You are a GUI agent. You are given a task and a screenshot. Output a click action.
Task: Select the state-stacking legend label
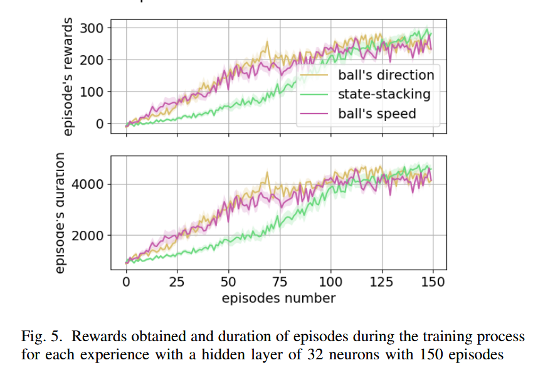(x=384, y=95)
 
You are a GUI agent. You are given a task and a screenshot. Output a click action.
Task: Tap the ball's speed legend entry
(x=377, y=114)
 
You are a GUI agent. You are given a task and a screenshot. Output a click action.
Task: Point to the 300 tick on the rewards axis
(x=93, y=28)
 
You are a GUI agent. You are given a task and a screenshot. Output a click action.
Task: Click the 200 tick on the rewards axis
(x=93, y=60)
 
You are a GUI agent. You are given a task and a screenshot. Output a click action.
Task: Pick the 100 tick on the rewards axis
(x=93, y=92)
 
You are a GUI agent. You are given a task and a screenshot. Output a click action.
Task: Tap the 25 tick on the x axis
(x=177, y=282)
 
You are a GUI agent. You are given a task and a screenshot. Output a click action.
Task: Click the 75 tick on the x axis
(x=280, y=282)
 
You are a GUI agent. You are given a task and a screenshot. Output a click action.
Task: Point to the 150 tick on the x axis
(x=433, y=282)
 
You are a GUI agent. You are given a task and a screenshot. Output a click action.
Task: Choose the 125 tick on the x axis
(x=382, y=282)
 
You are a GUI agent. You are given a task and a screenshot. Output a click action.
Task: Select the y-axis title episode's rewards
(x=68, y=77)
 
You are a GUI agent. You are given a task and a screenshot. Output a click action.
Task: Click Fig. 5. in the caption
(x=39, y=337)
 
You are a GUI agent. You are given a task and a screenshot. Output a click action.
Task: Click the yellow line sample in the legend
(x=315, y=76)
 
